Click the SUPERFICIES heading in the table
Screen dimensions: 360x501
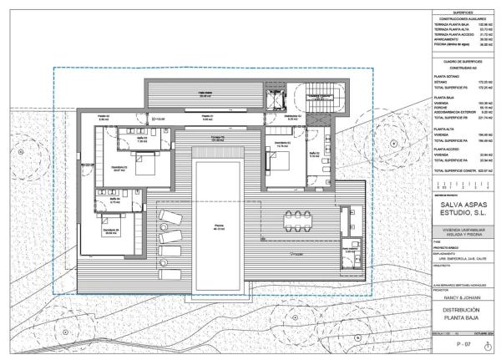pyautogui.click(x=463, y=11)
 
